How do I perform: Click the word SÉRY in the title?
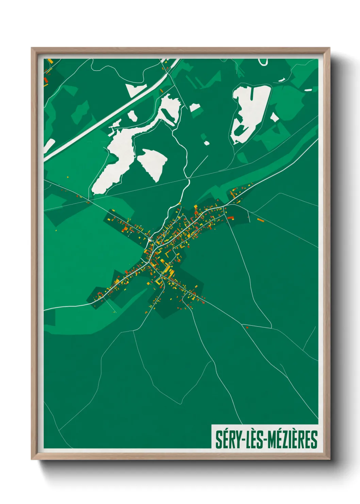228,440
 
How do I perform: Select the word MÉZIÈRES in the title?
292,440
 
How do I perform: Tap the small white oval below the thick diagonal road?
132,115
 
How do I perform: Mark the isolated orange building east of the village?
261,220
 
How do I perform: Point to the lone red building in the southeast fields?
247,328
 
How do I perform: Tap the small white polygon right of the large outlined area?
274,117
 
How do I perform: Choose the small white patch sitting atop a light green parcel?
195,108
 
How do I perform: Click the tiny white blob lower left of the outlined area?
206,143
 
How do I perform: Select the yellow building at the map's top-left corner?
50,61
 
